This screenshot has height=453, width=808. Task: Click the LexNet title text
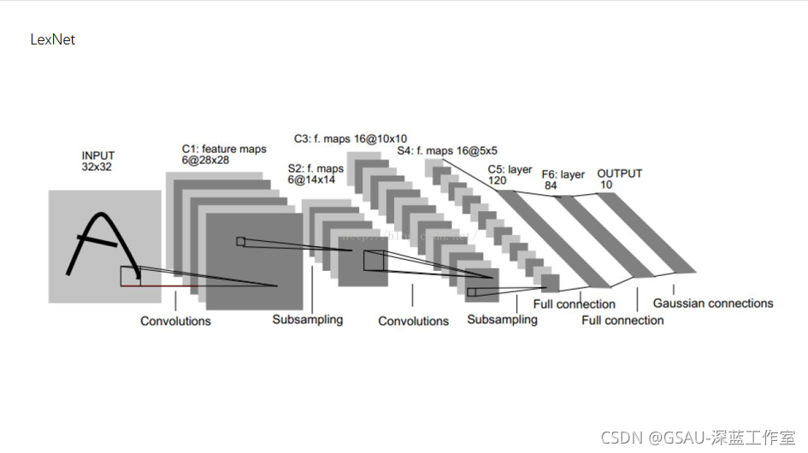click(x=52, y=39)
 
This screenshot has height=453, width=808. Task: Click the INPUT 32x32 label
click(x=97, y=162)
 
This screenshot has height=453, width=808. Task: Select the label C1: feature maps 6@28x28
click(x=224, y=155)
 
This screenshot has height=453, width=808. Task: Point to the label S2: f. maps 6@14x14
click(x=316, y=174)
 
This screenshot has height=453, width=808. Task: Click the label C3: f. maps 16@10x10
click(x=351, y=138)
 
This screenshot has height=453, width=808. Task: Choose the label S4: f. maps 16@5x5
click(x=447, y=151)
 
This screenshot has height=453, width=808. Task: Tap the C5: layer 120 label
click(x=510, y=175)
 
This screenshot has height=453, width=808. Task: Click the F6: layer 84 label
click(x=563, y=180)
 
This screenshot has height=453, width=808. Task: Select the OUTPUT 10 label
click(x=619, y=179)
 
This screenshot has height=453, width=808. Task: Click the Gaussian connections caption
click(x=712, y=303)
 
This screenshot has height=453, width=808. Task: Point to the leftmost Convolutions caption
click(x=175, y=321)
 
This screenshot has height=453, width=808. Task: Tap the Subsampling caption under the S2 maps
click(x=308, y=320)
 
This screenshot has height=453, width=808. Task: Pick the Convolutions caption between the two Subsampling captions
click(x=414, y=321)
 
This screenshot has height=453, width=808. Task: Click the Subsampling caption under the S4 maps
click(x=502, y=320)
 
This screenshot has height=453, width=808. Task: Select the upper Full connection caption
click(x=574, y=304)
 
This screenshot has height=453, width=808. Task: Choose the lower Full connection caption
click(x=622, y=321)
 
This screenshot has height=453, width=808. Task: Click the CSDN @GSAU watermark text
click(x=698, y=438)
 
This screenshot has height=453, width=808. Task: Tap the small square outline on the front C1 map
click(x=240, y=242)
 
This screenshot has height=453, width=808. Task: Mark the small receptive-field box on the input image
click(x=131, y=275)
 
